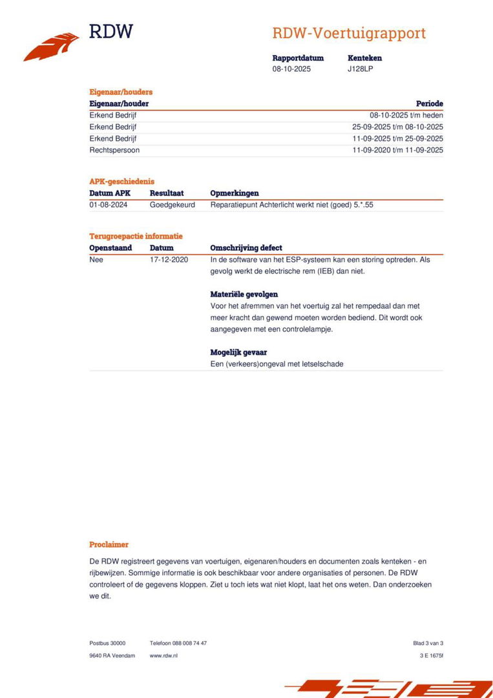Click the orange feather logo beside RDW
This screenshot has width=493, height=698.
(51, 47)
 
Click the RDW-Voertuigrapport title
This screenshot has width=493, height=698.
(348, 34)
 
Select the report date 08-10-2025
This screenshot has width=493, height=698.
(291, 69)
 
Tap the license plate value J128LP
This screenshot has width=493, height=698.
(360, 69)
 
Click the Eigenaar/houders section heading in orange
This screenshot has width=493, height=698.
(121, 92)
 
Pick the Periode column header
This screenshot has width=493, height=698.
(429, 103)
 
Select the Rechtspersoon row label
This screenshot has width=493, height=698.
(114, 150)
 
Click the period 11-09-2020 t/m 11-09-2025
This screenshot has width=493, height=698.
(397, 150)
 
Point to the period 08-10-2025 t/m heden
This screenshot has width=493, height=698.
(406, 115)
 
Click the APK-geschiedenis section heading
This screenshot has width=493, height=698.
(121, 182)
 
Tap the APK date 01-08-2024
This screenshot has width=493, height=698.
(108, 205)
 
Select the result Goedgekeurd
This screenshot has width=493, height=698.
(172, 205)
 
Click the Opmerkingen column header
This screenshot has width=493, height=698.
(235, 193)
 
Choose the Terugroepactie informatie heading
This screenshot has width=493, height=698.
(136, 236)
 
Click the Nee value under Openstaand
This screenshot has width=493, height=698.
(96, 260)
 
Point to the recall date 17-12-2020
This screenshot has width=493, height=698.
(169, 260)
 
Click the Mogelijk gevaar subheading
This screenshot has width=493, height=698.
(238, 352)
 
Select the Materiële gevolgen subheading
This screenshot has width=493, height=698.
(244, 294)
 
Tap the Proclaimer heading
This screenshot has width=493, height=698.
(109, 545)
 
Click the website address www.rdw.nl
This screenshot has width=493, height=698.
(163, 655)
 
